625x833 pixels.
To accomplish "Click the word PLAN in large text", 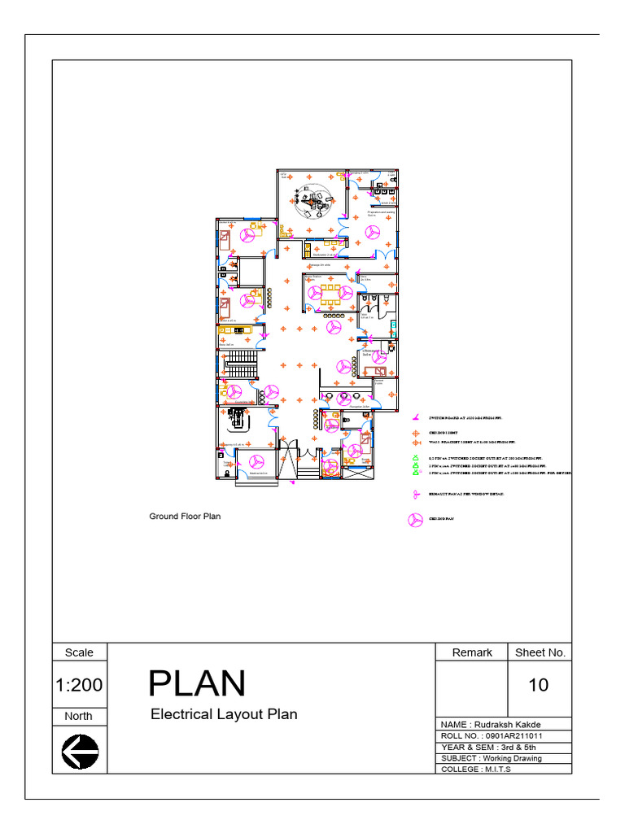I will (197, 684).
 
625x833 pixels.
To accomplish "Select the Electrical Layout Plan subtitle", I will (224, 714).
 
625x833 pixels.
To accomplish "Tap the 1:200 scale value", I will (80, 685).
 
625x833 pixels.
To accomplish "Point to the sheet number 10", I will (539, 685).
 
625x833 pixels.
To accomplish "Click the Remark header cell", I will (472, 652).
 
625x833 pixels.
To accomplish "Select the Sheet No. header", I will (540, 652).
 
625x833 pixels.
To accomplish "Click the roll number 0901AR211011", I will (492, 735).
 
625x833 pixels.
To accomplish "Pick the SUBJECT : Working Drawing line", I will (491, 758).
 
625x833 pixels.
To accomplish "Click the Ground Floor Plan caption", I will (184, 516).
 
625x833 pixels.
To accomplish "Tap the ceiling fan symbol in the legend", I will (415, 521).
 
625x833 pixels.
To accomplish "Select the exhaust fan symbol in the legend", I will (414, 494).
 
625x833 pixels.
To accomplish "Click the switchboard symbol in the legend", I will (414, 417).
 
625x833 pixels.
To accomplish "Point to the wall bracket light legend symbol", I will (414, 443).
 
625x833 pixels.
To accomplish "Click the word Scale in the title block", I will (79, 652).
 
